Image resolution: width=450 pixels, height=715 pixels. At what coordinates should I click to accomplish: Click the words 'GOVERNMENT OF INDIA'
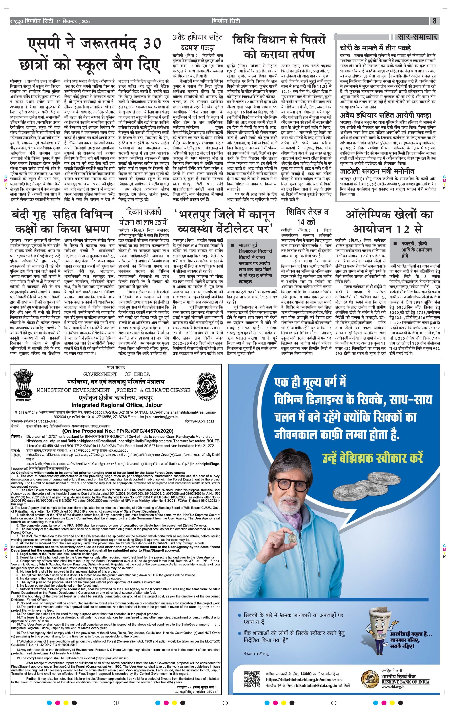116,374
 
